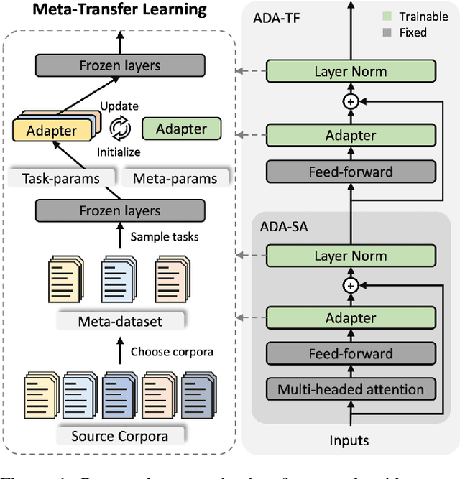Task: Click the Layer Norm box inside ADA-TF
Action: pos(351,71)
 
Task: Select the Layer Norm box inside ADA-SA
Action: pos(351,255)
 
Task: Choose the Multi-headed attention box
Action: pos(351,389)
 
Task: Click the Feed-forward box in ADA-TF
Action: pos(351,171)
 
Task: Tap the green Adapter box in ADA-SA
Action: pos(351,318)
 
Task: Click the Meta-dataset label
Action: pos(119,320)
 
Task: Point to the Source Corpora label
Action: pos(119,435)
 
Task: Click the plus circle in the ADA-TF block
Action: pos(351,102)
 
